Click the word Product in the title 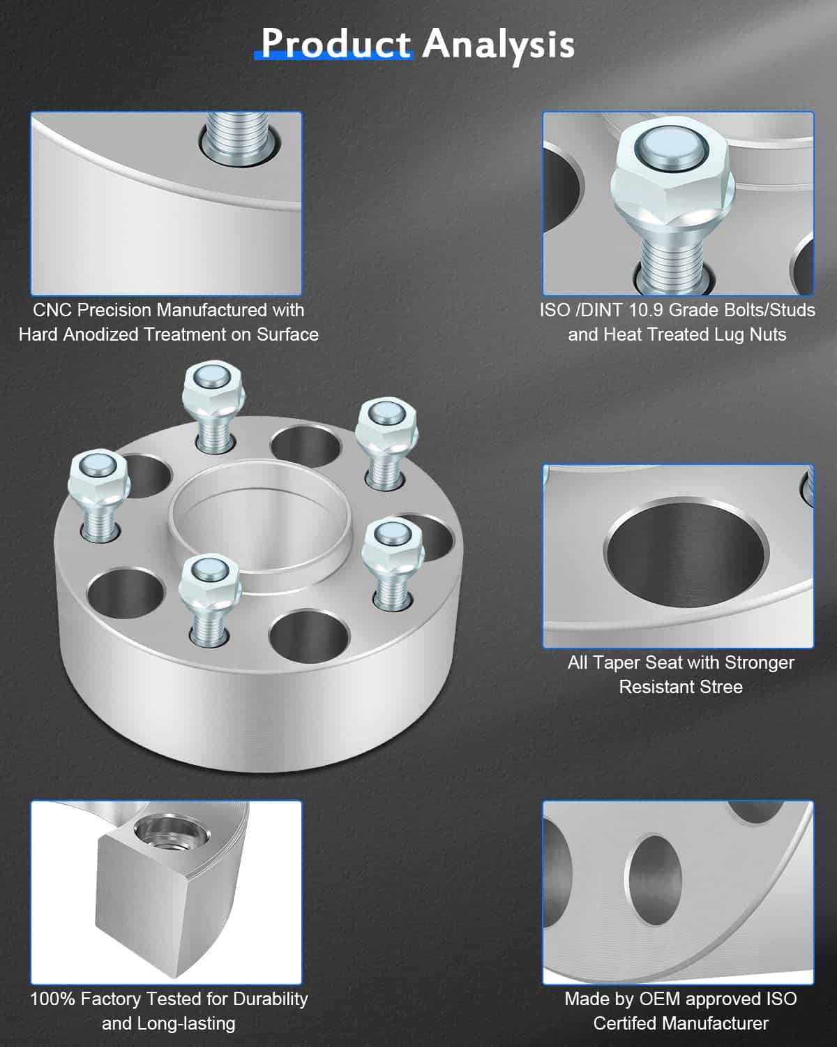pos(335,44)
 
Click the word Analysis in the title pos(498,44)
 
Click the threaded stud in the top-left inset pos(235,140)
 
